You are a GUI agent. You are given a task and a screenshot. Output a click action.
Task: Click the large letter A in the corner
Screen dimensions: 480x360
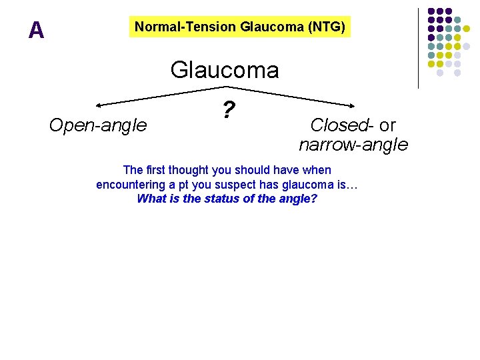tap(37, 30)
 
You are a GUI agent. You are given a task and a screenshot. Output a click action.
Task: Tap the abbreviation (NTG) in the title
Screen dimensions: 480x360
tap(326, 27)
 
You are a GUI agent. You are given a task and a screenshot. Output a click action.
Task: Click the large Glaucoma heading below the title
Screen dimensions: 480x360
tap(225, 69)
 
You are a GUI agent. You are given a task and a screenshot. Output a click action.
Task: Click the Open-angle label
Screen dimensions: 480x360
tap(98, 125)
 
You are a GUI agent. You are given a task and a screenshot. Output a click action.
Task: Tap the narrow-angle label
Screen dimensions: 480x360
tap(353, 144)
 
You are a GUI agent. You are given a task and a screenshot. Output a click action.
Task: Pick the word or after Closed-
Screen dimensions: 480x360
tap(387, 125)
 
